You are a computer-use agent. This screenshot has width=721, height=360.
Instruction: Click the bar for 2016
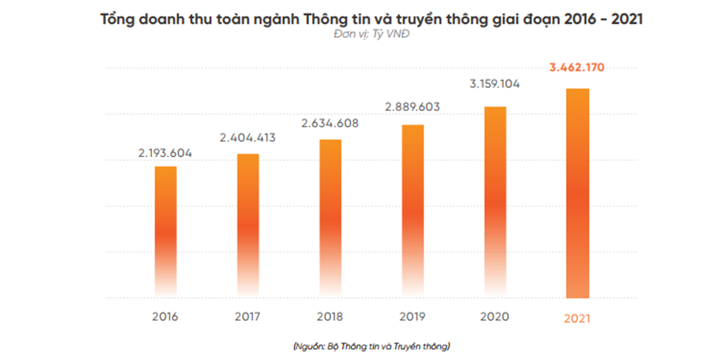(165, 231)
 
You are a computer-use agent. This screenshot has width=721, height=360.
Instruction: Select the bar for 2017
(248, 225)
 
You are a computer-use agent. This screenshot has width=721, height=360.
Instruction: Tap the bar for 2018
(330, 218)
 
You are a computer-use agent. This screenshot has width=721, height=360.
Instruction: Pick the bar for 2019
(413, 210)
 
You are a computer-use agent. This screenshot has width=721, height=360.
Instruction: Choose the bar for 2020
(495, 201)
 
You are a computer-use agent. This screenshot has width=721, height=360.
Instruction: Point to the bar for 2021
(577, 193)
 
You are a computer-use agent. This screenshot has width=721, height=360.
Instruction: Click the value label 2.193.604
(165, 153)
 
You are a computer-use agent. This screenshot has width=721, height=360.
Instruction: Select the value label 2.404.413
(248, 138)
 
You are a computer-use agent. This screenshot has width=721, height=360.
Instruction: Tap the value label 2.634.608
(330, 123)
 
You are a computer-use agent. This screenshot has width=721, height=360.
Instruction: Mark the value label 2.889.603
(413, 107)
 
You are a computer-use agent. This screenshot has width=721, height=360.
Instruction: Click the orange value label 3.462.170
(577, 67)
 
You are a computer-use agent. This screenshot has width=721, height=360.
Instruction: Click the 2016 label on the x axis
(165, 317)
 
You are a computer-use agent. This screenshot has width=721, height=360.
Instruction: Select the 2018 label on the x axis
(330, 317)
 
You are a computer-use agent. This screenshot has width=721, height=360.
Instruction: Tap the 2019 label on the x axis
(413, 317)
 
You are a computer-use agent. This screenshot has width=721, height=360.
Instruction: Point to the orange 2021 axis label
(577, 319)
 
